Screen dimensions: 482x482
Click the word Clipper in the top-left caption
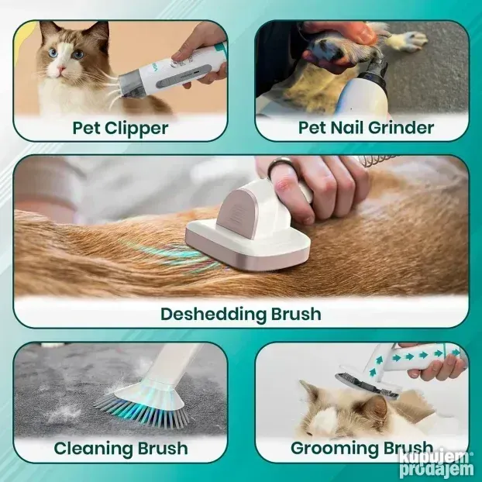click(136, 129)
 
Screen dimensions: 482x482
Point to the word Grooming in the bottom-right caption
click(331, 449)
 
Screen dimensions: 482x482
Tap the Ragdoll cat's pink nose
click(63, 67)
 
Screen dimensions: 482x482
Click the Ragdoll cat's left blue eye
click(53, 53)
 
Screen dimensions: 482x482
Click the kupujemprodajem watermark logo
click(436, 464)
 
